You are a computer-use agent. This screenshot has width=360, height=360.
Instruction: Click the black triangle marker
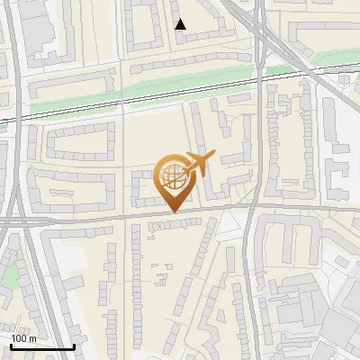pos(181,24)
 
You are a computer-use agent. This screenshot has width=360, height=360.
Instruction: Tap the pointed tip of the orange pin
pos(172,212)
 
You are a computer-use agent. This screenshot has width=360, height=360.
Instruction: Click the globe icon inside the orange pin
pos(172,177)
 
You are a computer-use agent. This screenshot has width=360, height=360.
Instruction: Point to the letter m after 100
pos(33,338)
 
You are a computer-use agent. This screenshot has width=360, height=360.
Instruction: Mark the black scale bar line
pos(41,346)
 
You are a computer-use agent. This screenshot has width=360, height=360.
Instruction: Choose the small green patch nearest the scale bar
pos(8,277)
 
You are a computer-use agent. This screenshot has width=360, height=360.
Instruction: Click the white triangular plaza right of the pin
pos(232,225)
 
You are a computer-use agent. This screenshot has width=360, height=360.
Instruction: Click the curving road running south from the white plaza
pos(247,270)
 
